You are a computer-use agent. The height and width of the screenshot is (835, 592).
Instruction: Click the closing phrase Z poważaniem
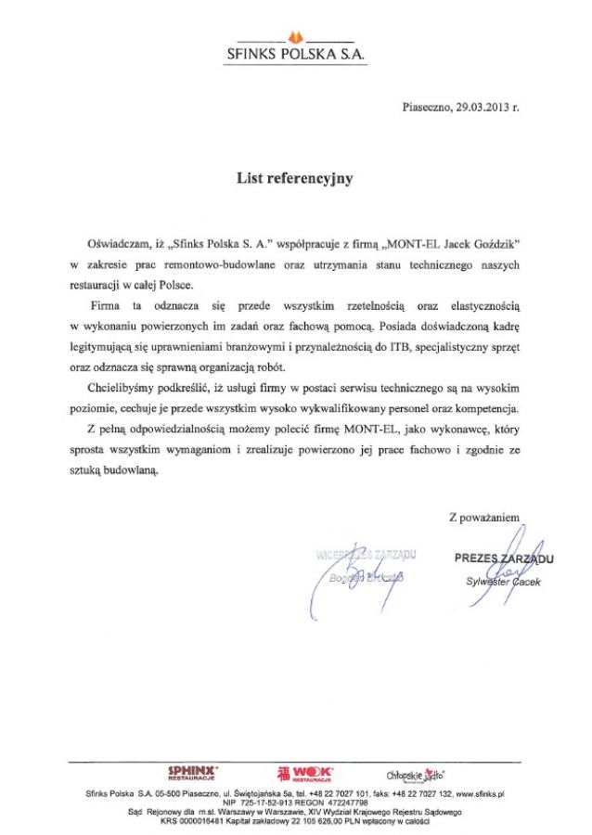pos(484,517)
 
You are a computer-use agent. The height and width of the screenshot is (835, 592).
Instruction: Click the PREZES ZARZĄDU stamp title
pos(504,559)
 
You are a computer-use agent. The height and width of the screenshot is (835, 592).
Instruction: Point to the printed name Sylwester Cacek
pos(503,581)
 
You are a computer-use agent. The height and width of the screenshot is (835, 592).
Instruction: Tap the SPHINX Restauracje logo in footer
pos(191,773)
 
